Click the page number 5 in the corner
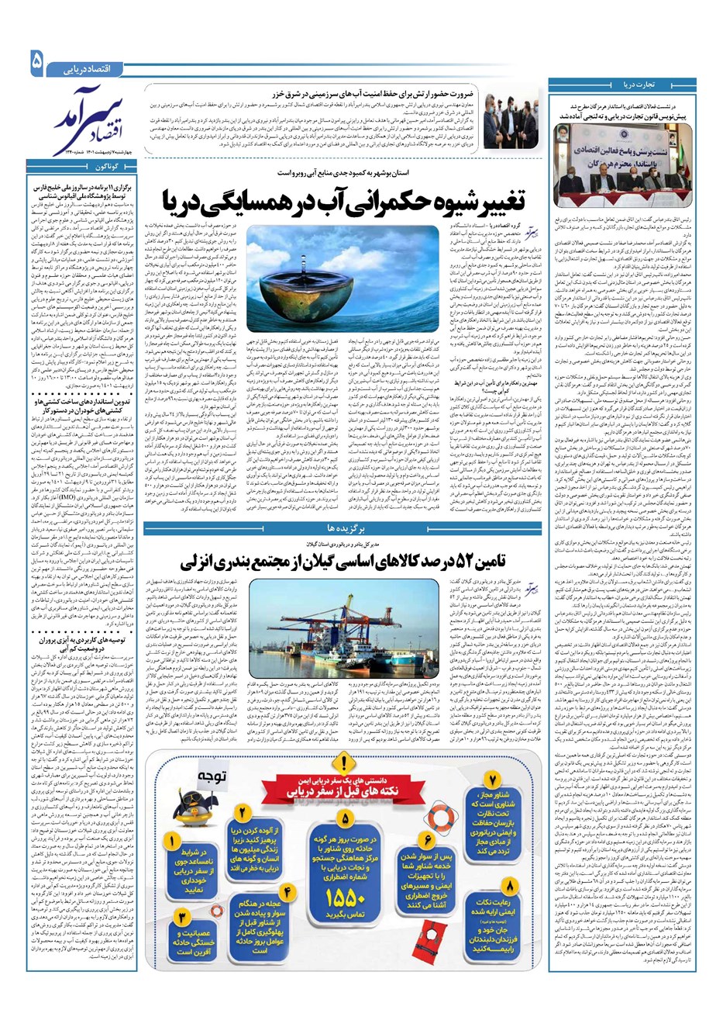point(37,63)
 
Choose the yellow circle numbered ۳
point(181,918)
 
